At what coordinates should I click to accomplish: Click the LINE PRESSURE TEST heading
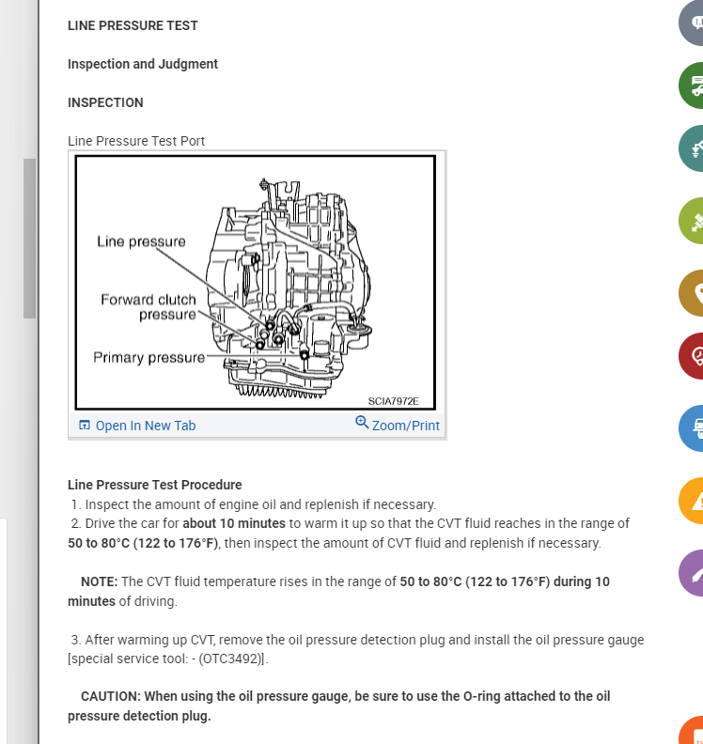click(133, 25)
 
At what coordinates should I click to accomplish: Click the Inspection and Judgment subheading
click(143, 64)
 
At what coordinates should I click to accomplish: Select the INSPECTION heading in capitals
click(105, 102)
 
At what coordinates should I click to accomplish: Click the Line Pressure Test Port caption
click(136, 141)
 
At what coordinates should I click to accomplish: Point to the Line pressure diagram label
click(141, 241)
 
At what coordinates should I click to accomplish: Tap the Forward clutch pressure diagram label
click(148, 306)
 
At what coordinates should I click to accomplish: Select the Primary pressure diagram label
click(148, 357)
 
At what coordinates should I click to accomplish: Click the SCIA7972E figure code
click(393, 401)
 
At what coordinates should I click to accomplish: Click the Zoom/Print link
click(405, 426)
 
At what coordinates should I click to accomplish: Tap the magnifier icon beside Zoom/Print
click(362, 423)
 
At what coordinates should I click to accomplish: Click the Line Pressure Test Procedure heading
click(154, 485)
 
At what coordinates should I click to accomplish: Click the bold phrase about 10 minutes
click(235, 523)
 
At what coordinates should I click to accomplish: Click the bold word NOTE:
click(99, 581)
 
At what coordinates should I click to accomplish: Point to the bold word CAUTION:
click(110, 696)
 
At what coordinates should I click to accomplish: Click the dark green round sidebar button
click(692, 85)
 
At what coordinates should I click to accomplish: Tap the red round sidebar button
click(692, 356)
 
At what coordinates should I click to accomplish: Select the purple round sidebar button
click(692, 572)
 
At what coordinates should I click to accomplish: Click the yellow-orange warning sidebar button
click(692, 501)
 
